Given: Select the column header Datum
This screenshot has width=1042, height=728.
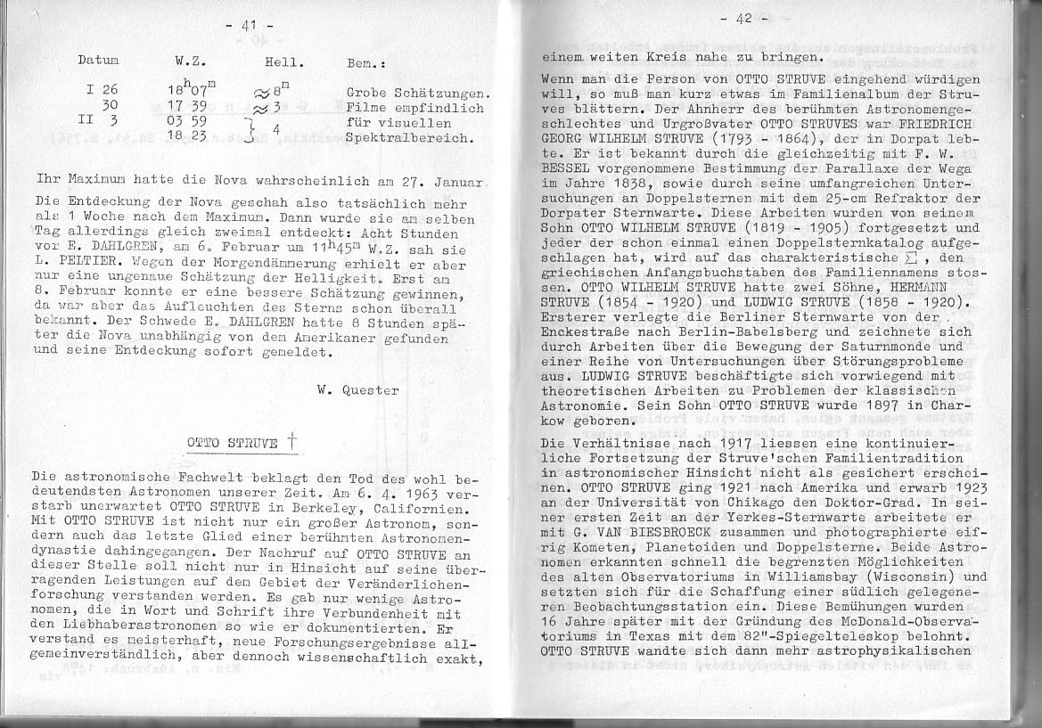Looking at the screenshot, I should point(99,61).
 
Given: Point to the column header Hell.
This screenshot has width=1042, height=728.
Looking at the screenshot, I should point(284,62).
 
